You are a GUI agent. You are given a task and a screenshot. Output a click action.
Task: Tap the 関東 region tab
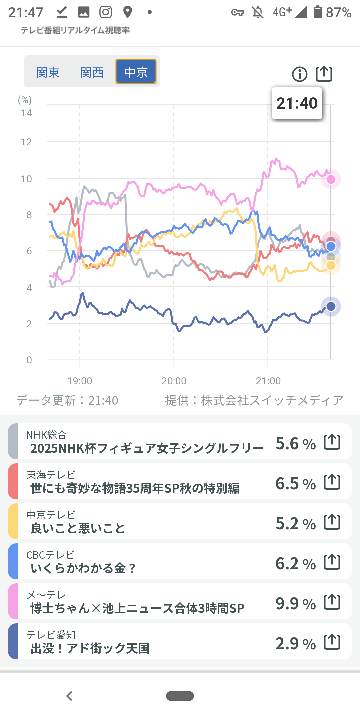(x=48, y=72)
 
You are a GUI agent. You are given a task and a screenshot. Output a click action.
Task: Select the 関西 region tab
(x=92, y=72)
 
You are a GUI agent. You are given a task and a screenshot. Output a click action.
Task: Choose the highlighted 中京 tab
(x=136, y=72)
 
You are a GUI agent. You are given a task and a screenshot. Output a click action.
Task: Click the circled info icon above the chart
(x=299, y=74)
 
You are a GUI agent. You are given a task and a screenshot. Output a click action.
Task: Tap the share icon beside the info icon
(x=324, y=74)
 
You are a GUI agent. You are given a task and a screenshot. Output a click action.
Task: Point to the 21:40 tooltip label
(x=297, y=103)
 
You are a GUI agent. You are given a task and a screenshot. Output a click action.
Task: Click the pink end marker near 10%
(x=331, y=179)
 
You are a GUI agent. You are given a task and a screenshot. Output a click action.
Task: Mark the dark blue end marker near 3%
(x=331, y=306)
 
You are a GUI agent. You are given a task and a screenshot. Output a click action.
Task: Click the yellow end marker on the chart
(x=331, y=265)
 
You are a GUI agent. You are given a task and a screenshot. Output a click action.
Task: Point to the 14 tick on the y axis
(x=26, y=113)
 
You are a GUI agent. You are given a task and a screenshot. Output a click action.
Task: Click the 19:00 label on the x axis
(x=80, y=381)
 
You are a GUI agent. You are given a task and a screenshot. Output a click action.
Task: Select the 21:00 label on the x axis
(x=268, y=381)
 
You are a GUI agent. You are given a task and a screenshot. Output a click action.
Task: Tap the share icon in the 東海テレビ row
(x=332, y=482)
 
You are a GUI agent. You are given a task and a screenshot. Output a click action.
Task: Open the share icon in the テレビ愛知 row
(x=332, y=642)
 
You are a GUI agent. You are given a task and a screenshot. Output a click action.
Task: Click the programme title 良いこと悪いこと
(x=78, y=528)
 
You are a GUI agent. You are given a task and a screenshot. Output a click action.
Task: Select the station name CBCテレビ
(x=50, y=555)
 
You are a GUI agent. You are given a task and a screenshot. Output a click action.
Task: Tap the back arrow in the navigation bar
(x=69, y=696)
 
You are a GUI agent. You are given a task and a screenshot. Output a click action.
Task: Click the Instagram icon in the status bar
(x=106, y=12)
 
